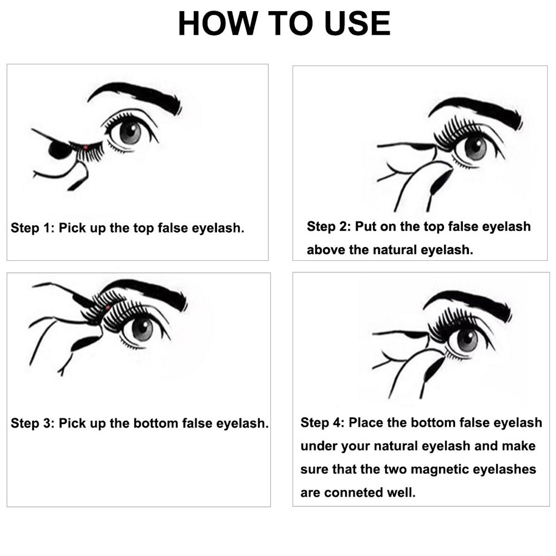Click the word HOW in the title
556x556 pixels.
(x=218, y=23)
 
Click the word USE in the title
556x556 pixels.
(x=358, y=23)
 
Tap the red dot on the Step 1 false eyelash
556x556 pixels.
(x=85, y=147)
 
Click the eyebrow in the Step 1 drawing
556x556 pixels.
(x=135, y=97)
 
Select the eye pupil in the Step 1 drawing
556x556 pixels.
(x=131, y=131)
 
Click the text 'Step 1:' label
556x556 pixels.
(x=32, y=228)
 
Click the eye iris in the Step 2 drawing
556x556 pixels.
(x=475, y=149)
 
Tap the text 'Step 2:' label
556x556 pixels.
(x=329, y=227)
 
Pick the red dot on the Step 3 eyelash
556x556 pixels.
(x=108, y=308)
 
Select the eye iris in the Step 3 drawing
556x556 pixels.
(x=142, y=329)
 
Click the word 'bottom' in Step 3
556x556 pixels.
(x=156, y=423)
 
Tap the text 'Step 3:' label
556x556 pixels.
(x=32, y=423)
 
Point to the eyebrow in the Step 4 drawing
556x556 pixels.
(x=468, y=306)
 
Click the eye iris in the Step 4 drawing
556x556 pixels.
(x=468, y=340)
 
